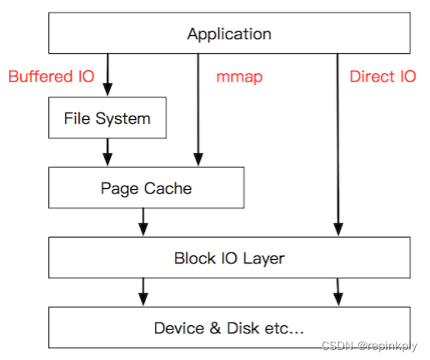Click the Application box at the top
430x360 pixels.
click(228, 34)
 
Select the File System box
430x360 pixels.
click(107, 118)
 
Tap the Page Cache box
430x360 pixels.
click(146, 187)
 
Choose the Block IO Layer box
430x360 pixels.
click(228, 257)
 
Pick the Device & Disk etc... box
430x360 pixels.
click(228, 327)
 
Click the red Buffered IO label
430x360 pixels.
click(51, 77)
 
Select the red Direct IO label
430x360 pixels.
click(382, 77)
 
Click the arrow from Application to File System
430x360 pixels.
click(107, 76)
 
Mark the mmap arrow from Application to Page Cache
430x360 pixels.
click(197, 108)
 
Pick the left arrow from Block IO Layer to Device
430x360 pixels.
click(143, 292)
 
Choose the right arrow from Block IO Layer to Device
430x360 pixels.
click(337, 292)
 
